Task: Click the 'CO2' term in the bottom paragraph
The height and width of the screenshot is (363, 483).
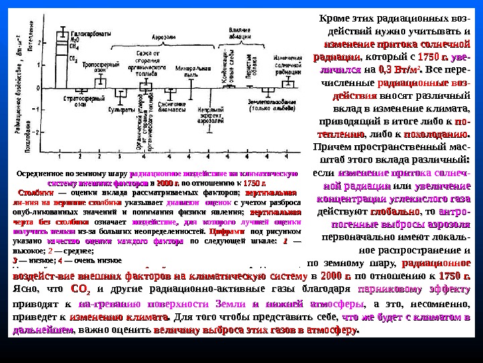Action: [x=78, y=290]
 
